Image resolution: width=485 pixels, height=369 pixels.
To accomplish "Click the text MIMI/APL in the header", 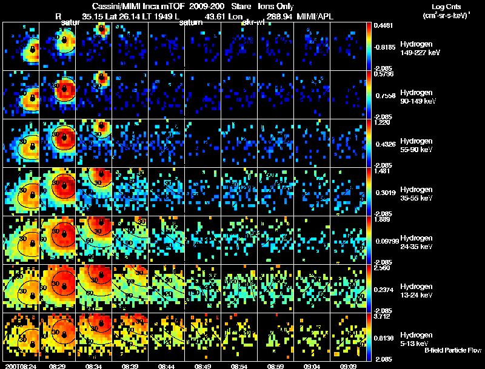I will tap(315, 16).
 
